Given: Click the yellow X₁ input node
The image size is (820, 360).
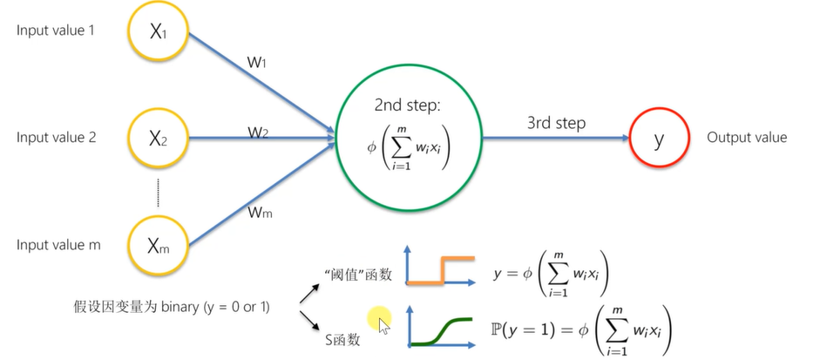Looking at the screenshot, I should pyautogui.click(x=158, y=32).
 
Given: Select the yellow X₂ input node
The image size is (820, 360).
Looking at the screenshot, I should pyautogui.click(x=158, y=138).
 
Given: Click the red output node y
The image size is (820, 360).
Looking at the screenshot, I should pyautogui.click(x=658, y=138).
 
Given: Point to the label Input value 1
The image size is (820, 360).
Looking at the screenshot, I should pyautogui.click(x=55, y=31).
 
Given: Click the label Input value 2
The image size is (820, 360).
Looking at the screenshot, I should pyautogui.click(x=55, y=137).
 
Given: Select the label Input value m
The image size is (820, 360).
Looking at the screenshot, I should pyautogui.click(x=58, y=245).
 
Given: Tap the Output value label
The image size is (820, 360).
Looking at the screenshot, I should pyautogui.click(x=747, y=138).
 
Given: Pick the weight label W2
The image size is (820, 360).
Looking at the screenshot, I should pyautogui.click(x=258, y=132).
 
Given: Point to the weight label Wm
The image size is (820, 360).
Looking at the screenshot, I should pyautogui.click(x=261, y=211).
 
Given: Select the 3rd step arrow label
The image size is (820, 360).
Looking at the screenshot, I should pyautogui.click(x=556, y=124).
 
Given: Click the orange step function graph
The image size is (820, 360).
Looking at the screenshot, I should pyautogui.click(x=441, y=272).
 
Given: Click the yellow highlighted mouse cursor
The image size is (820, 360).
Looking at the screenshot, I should pyautogui.click(x=381, y=322).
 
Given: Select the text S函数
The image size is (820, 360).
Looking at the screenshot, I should pyautogui.click(x=335, y=339).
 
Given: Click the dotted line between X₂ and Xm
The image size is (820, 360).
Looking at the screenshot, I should pyautogui.click(x=158, y=191).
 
